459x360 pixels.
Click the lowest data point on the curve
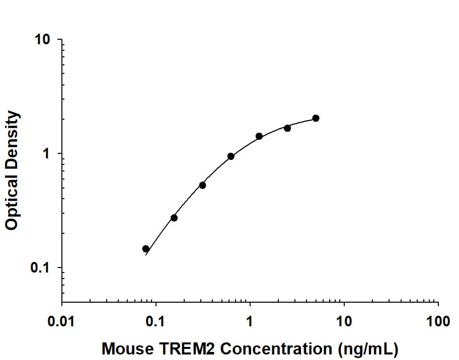[x=146, y=249]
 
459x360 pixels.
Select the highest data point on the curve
[x=316, y=118]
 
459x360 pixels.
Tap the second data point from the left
[x=174, y=218]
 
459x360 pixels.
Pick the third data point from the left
[x=202, y=185]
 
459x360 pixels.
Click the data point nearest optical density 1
[x=231, y=156]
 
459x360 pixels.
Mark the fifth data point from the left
[x=259, y=136]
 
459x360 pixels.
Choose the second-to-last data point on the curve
[x=287, y=128]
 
